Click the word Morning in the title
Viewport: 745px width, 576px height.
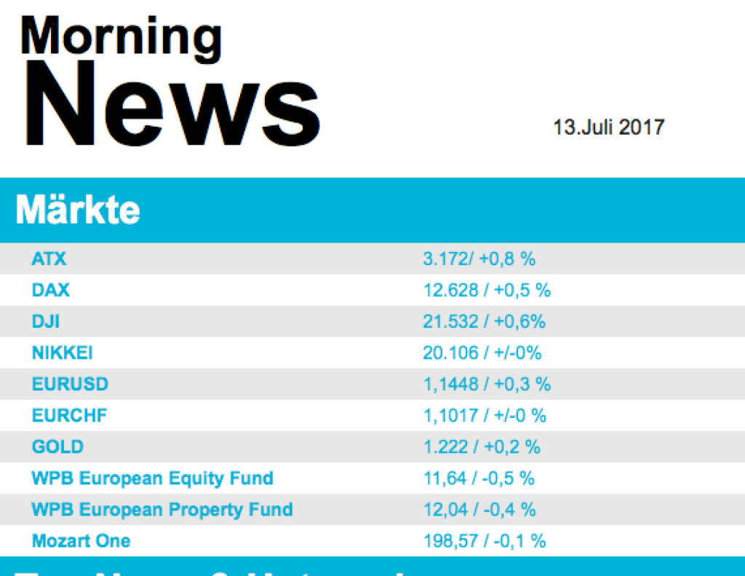pyautogui.click(x=121, y=37)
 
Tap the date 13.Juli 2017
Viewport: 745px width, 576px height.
pyautogui.click(x=608, y=127)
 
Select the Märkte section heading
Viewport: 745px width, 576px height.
pyautogui.click(x=78, y=210)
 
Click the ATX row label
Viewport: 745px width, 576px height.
pyautogui.click(x=49, y=259)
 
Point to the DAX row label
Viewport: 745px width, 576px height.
pyautogui.click(x=51, y=290)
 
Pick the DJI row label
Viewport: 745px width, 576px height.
pyautogui.click(x=46, y=321)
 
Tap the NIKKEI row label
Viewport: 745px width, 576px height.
pyautogui.click(x=63, y=353)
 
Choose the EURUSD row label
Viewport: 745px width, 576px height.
pyautogui.click(x=70, y=384)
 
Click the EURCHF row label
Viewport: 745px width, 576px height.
pyautogui.click(x=69, y=416)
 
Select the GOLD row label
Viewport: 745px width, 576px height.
pyautogui.click(x=57, y=446)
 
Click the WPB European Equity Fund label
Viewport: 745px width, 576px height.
pyautogui.click(x=152, y=478)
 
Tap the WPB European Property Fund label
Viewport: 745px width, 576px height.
pyautogui.click(x=162, y=509)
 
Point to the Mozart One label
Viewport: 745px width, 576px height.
pyautogui.click(x=81, y=541)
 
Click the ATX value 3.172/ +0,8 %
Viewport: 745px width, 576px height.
pyautogui.click(x=479, y=259)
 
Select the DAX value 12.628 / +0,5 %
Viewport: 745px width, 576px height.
pyautogui.click(x=487, y=291)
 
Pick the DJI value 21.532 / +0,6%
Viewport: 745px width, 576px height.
pyautogui.click(x=484, y=321)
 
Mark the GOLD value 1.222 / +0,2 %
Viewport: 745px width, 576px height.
pyautogui.click(x=482, y=446)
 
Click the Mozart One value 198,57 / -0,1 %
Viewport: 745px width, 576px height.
pyautogui.click(x=485, y=541)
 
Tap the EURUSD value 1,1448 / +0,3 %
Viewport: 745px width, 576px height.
pyautogui.click(x=487, y=384)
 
